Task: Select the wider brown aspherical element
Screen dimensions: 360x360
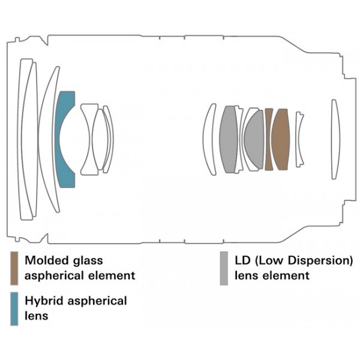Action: tap(280, 139)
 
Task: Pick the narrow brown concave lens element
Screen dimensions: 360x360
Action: tap(268, 139)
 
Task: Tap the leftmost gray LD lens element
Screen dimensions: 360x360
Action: tap(229, 139)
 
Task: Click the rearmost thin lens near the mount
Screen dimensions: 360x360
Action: tap(335, 139)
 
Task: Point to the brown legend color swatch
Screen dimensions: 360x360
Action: tap(14, 268)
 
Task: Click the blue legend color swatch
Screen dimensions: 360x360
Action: tap(14, 309)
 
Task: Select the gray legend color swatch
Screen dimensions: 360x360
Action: tap(224, 268)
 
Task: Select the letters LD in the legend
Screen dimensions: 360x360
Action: tap(242, 260)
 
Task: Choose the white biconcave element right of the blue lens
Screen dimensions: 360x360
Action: tap(89, 139)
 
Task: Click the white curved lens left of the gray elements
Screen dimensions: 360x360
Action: tap(209, 139)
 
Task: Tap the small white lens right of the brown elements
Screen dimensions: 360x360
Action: tap(300, 139)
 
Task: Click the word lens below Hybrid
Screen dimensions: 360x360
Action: tap(36, 316)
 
